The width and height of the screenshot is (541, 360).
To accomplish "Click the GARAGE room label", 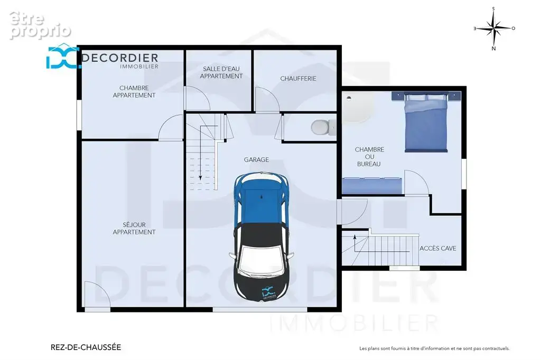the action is click(x=256, y=159).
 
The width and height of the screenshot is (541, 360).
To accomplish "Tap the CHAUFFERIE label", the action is click(x=298, y=79).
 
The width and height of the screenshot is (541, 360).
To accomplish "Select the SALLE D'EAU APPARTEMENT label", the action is click(x=221, y=72).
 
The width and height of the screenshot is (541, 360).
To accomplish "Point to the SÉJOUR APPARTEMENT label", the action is click(x=134, y=229).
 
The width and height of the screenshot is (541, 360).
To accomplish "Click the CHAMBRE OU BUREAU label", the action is click(x=369, y=157).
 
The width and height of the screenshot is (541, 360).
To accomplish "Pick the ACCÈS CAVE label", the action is click(x=438, y=248).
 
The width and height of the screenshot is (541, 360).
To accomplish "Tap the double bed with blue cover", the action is click(x=426, y=122).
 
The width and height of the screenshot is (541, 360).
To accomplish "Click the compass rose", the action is click(x=494, y=28).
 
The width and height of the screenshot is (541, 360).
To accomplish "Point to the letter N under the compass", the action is click(x=494, y=49).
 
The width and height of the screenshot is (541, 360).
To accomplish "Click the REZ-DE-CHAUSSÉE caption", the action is click(x=86, y=347).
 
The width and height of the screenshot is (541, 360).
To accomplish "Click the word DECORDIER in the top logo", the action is click(x=120, y=58).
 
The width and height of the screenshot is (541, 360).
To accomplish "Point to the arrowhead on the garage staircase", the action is click(x=200, y=178).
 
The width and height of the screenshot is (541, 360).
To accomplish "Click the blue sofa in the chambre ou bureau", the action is click(x=372, y=186).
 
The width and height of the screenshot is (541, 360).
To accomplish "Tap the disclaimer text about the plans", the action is click(x=434, y=348).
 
